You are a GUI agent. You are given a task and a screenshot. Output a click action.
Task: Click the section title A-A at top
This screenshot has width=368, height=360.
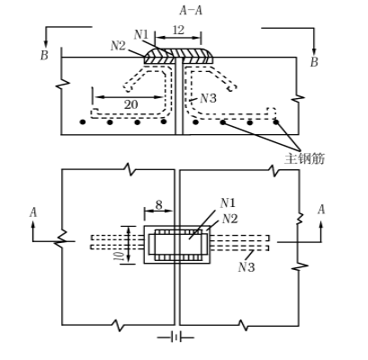(x=191, y=11)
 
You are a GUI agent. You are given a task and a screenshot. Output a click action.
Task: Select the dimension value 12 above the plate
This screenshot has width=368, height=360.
(x=178, y=30)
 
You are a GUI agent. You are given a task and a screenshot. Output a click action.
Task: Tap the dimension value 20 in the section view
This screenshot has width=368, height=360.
(x=130, y=104)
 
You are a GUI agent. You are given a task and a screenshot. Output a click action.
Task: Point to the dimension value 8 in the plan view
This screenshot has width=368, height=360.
(x=158, y=205)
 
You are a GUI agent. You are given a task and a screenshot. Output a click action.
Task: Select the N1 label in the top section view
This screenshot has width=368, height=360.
(x=141, y=35)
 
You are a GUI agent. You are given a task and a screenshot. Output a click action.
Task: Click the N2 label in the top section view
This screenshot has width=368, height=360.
(x=118, y=46)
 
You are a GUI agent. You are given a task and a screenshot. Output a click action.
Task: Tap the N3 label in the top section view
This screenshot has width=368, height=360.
(x=208, y=98)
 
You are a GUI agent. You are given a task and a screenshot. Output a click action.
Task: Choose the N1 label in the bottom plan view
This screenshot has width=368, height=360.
(x=228, y=203)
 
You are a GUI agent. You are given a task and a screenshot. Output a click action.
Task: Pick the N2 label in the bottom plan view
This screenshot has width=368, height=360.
(x=229, y=219)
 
